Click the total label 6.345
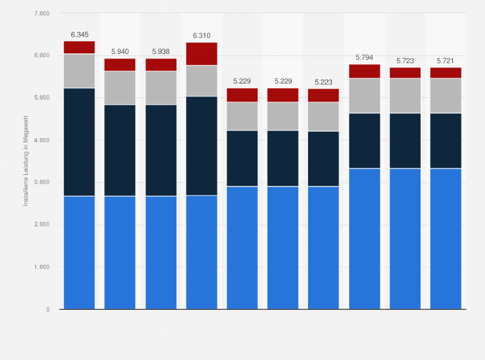tap(79, 33)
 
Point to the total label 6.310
tap(202, 35)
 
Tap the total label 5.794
tap(365, 57)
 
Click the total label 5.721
tap(446, 60)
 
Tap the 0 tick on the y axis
tap(47, 309)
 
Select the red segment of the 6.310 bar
tap(202, 54)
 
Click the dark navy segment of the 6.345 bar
tap(79, 142)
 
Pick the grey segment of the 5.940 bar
tap(120, 88)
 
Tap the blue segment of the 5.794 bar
tap(365, 239)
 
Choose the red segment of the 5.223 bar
tap(324, 95)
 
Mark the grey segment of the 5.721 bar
tap(446, 96)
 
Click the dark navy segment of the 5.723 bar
tap(405, 141)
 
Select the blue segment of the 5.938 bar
tap(161, 253)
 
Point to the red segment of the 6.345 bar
tap(79, 48)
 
